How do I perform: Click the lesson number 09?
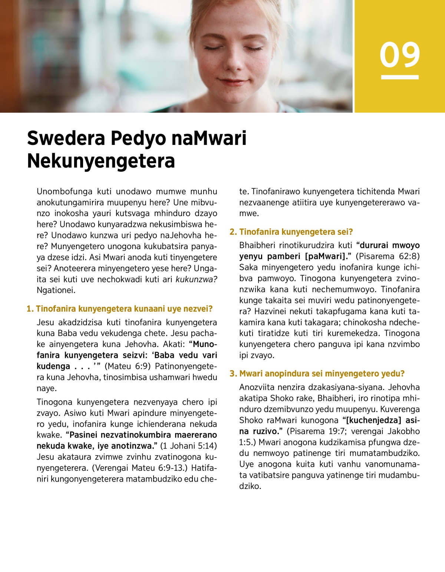tap(399, 55)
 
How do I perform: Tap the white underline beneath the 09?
tap(399, 77)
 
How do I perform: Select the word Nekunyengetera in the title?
tap(101, 161)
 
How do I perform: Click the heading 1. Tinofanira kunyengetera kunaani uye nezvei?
tap(119, 309)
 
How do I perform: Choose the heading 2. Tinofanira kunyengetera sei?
tap(291, 232)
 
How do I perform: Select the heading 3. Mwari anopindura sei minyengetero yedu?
tap(317, 374)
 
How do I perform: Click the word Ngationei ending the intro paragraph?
tap(56, 290)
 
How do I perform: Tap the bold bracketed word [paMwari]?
tap(325, 256)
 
